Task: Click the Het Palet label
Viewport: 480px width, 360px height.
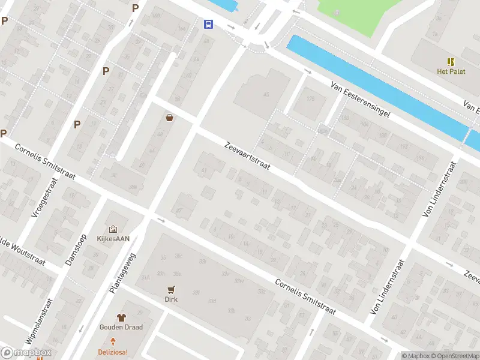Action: point(451,71)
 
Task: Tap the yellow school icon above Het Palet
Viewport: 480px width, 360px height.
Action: point(451,62)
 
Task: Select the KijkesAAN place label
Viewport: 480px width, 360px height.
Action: point(113,238)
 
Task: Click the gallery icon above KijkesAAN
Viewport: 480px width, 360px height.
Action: point(113,229)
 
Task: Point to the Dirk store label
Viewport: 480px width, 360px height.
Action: point(172,298)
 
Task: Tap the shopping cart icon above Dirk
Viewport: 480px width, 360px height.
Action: point(172,289)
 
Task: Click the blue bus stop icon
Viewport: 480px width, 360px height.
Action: point(208,24)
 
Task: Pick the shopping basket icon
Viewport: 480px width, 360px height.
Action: point(170,118)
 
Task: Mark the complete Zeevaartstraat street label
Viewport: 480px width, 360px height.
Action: point(248,158)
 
